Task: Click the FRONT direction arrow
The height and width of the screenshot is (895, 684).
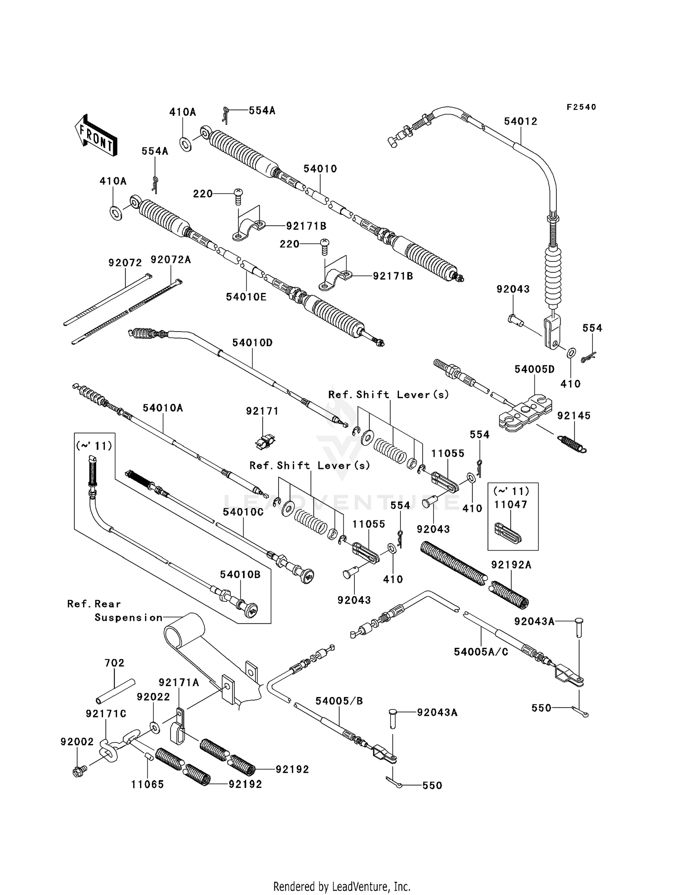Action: pyautogui.click(x=96, y=135)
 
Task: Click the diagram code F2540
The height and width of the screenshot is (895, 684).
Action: pyautogui.click(x=581, y=107)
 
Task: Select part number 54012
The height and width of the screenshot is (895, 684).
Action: pyautogui.click(x=520, y=121)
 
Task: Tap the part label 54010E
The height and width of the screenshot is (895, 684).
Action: pyautogui.click(x=246, y=297)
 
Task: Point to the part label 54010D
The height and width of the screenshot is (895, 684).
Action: pyautogui.click(x=252, y=343)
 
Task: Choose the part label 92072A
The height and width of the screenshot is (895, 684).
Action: pyautogui.click(x=171, y=260)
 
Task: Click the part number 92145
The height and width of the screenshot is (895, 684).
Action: pyautogui.click(x=574, y=416)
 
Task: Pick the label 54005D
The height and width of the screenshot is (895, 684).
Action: pyautogui.click(x=534, y=369)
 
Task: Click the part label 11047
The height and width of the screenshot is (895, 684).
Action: pyautogui.click(x=511, y=505)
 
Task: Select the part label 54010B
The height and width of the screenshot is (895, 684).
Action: pyautogui.click(x=240, y=574)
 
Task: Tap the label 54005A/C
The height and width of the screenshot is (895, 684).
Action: pyautogui.click(x=481, y=652)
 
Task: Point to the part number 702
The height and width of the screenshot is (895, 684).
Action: pyautogui.click(x=114, y=663)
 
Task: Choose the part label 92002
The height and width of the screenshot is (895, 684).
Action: pyautogui.click(x=77, y=742)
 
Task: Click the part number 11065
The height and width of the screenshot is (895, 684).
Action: pyautogui.click(x=147, y=785)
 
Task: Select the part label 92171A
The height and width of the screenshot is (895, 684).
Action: pyautogui.click(x=179, y=682)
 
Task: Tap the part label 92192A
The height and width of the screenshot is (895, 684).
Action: pyautogui.click(x=511, y=565)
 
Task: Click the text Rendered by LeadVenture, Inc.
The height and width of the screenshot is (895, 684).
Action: pyautogui.click(x=342, y=886)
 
